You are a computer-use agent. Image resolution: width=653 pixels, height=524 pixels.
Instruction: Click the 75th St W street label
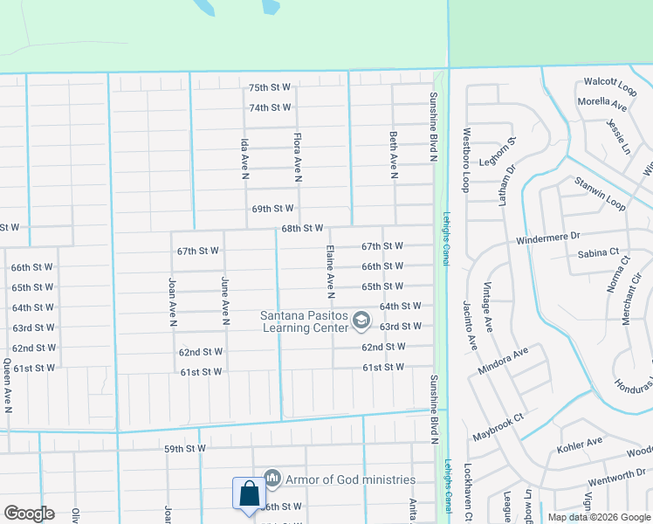click(269, 88)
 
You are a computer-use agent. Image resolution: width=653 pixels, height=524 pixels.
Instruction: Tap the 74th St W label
click(269, 108)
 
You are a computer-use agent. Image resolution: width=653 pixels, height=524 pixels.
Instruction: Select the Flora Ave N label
click(298, 157)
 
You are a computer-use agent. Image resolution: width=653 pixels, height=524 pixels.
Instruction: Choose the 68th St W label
click(302, 229)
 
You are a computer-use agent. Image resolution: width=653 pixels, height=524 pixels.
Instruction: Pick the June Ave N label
click(225, 296)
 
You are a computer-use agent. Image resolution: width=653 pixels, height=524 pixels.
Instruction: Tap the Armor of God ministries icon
click(272, 479)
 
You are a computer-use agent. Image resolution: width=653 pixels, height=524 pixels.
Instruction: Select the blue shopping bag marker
click(249, 494)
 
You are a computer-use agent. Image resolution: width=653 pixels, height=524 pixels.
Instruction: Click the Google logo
click(29, 514)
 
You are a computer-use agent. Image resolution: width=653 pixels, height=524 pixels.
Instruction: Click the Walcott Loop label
click(611, 81)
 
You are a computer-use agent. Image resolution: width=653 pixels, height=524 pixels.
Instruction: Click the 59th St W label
click(184, 449)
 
